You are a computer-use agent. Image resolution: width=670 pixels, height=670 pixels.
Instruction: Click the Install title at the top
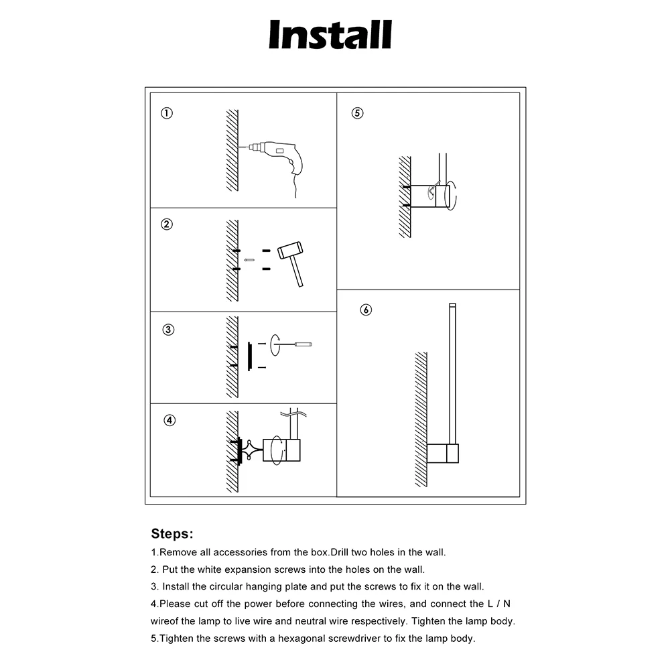330,35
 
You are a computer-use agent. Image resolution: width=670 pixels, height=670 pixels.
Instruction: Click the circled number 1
167,113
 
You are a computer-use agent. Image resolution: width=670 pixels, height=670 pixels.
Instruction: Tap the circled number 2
167,224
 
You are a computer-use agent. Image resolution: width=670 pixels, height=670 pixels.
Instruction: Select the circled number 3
168,330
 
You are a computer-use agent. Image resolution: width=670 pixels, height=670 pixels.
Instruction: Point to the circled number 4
170,420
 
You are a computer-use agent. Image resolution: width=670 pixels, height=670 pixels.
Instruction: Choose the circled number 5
357,113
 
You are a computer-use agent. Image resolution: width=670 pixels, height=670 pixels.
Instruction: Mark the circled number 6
365,310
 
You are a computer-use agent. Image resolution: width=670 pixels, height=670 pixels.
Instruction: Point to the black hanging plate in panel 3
249,356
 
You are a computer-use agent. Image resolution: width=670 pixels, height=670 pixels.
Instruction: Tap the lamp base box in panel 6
442,454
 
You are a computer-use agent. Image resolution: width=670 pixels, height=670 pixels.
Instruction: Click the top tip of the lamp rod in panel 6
452,306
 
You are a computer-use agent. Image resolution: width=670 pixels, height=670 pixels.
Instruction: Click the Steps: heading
172,534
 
